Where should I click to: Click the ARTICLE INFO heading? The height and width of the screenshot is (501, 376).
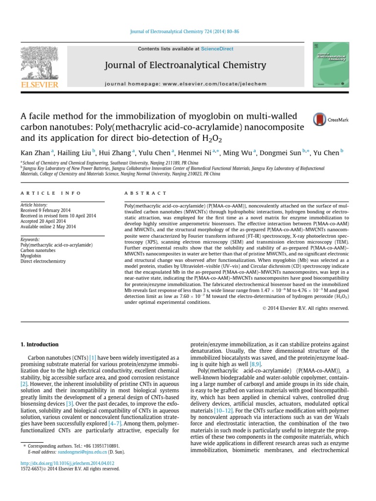click(x=41, y=194)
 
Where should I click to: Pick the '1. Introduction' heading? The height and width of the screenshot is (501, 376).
click(x=41, y=344)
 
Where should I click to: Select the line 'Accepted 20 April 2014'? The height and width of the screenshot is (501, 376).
click(x=43, y=221)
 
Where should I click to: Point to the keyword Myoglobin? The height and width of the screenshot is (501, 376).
click(x=31, y=255)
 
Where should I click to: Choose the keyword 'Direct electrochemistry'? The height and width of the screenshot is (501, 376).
click(x=43, y=261)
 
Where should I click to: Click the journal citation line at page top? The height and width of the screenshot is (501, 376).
click(x=188, y=31)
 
